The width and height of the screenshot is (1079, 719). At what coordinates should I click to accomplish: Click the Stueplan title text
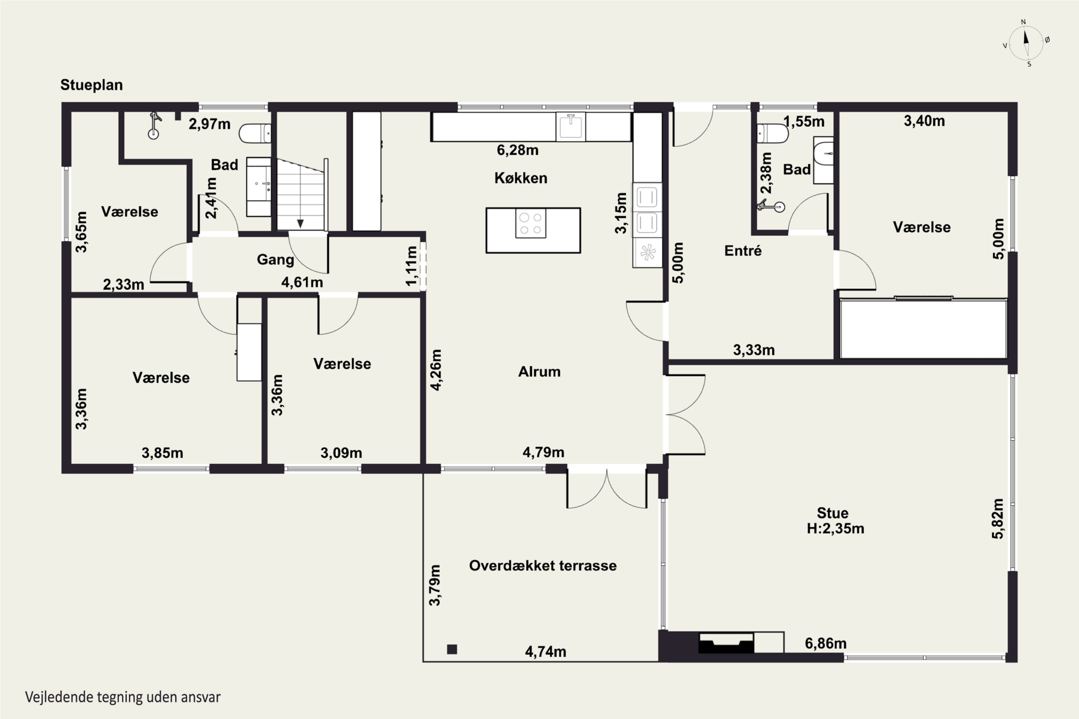[x=92, y=85]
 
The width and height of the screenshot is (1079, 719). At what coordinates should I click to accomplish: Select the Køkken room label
[x=521, y=178]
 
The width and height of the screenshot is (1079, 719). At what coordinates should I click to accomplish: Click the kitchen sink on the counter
[x=571, y=126]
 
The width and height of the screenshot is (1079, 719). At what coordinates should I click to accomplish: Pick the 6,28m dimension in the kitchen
[x=518, y=150]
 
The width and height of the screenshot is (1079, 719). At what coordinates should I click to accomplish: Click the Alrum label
[x=539, y=371]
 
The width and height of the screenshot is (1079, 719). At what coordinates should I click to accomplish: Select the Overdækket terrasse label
[x=543, y=565]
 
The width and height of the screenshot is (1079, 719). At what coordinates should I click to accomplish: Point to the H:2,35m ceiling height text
[x=836, y=528]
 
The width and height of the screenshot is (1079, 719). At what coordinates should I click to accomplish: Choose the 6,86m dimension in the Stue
[x=826, y=644]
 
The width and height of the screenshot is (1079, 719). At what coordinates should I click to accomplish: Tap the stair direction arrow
[x=300, y=224]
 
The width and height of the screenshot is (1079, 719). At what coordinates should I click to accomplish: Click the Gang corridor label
[x=275, y=260]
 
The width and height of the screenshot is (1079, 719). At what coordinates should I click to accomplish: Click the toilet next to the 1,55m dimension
[x=773, y=133]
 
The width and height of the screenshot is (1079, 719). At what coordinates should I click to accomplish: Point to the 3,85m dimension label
[x=163, y=453]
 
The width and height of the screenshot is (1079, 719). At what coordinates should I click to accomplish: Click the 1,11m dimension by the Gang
[x=411, y=266]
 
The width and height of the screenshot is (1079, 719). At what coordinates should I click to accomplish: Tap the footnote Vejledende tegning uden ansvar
[x=123, y=697]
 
